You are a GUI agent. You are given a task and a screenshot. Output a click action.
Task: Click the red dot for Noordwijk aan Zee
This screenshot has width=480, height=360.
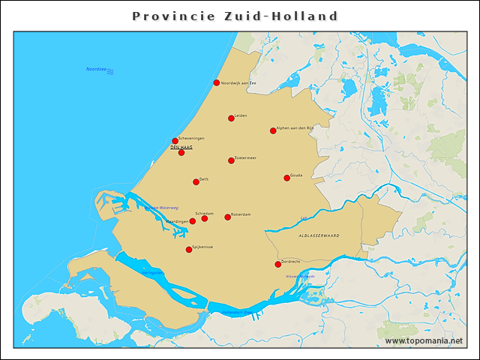tap(217, 82)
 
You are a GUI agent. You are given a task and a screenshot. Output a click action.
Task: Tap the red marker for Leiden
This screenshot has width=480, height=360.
tap(231, 118)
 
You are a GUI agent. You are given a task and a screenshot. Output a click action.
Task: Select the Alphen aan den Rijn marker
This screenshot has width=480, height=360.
tap(273, 130)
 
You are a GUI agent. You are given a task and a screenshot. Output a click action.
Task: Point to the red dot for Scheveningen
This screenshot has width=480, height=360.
tap(175, 140)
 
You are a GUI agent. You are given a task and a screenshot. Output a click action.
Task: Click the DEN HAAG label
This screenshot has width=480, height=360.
tap(181, 148)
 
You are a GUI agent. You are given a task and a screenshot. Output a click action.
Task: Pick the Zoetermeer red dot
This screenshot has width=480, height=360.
tap(231, 160)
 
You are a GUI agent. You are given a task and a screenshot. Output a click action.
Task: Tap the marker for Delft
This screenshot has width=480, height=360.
tap(196, 181)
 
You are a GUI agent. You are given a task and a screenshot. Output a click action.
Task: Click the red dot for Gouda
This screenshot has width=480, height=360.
tap(286, 178)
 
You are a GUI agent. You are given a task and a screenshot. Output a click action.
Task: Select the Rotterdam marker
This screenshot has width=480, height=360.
tap(228, 217)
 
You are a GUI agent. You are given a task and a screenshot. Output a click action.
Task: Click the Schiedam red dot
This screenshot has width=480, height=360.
tap(204, 217)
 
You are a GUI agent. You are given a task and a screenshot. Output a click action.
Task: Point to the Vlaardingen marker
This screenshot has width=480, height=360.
tap(192, 221)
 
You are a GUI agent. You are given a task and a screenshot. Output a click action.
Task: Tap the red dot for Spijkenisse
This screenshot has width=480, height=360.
tap(189, 250)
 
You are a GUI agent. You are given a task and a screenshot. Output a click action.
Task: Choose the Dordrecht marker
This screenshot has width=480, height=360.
tap(277, 264)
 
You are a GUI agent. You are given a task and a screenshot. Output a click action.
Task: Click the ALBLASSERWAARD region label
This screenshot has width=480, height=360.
tap(319, 235)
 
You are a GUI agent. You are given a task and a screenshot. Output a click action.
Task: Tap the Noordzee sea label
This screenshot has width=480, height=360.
tap(96, 69)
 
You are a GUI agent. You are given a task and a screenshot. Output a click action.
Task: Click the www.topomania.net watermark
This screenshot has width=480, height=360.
tap(424, 341)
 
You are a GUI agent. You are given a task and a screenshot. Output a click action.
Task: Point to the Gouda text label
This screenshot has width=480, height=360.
tap(296, 175)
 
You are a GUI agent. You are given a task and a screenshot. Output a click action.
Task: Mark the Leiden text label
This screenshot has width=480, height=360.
tap(241, 115)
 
